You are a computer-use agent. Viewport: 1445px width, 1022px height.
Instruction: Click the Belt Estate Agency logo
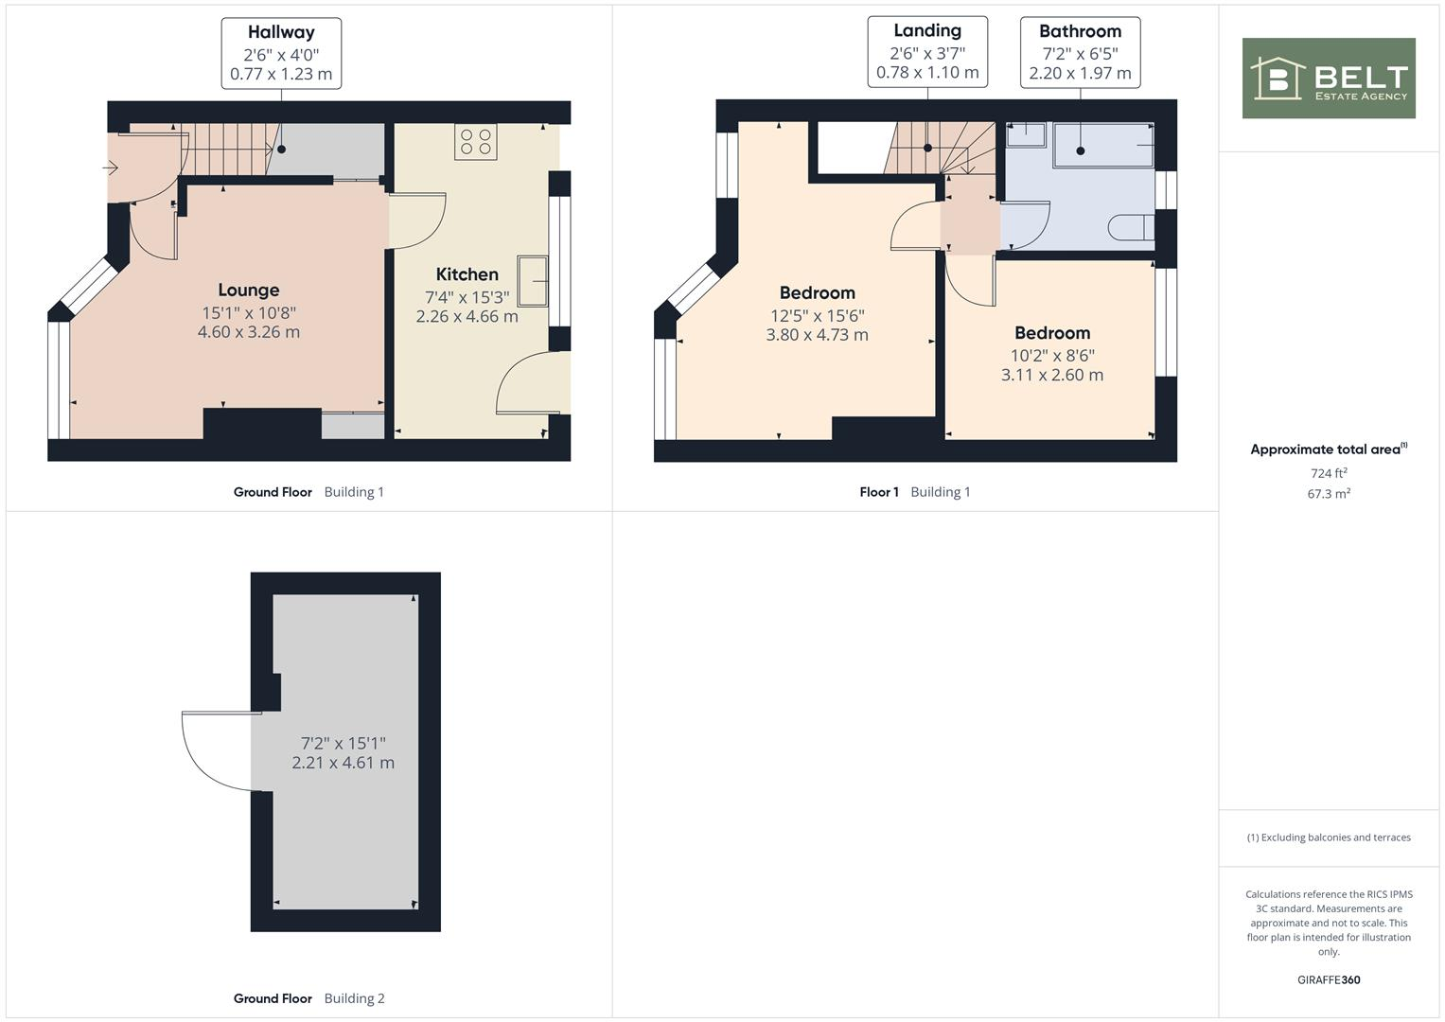coord(1328,79)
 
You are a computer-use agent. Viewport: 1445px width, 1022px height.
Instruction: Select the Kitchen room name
coord(467,274)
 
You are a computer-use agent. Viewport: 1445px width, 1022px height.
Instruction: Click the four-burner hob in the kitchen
coord(475,142)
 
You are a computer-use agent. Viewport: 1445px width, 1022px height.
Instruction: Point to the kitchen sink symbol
coord(532,281)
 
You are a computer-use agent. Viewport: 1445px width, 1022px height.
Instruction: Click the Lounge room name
coord(248,291)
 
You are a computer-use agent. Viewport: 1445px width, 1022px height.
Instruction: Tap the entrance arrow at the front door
coord(110,168)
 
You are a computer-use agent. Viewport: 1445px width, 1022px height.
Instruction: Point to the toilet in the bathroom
coord(1130,228)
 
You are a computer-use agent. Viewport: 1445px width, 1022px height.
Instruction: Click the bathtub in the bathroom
coord(1103,145)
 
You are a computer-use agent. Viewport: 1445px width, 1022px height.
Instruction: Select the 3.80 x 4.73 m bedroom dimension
coord(817,335)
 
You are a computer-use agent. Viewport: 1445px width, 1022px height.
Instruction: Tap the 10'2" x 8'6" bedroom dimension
coord(1052,356)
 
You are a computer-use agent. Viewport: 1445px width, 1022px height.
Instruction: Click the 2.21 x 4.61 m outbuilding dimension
coord(343,763)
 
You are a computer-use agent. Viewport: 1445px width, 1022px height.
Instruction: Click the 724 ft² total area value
coord(1329,473)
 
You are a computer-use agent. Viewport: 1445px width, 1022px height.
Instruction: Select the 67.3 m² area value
coord(1329,494)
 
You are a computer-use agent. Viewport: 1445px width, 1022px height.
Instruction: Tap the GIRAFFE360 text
coord(1329,980)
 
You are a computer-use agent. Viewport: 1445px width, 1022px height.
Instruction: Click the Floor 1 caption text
coord(878,492)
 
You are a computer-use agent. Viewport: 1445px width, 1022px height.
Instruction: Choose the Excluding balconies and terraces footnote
coord(1329,837)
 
